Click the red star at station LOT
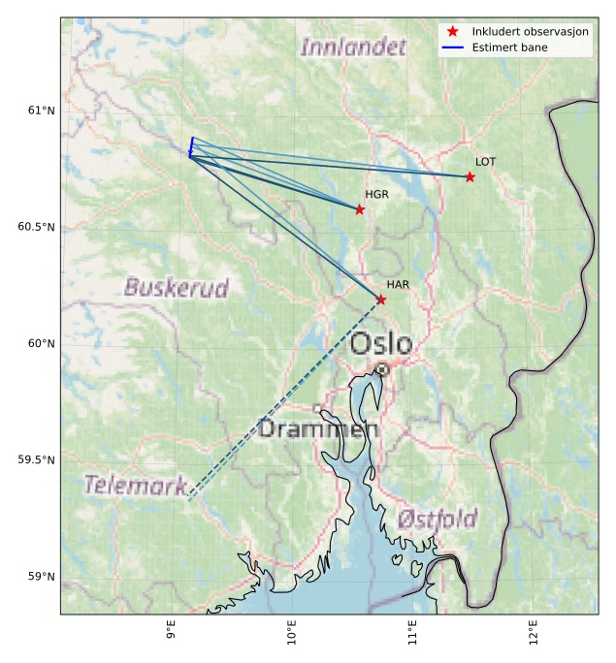[x=470, y=176]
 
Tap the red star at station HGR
[x=360, y=209]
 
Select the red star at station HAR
[x=381, y=300]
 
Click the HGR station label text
[x=376, y=195]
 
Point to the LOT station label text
[x=485, y=162]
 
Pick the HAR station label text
[x=398, y=284]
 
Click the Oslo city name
[x=381, y=344]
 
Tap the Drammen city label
[x=318, y=428]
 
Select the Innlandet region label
[x=353, y=47]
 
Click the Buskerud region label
[x=177, y=288]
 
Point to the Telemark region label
[x=135, y=485]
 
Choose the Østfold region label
[x=437, y=520]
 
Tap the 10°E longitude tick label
[x=292, y=635]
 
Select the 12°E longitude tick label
[x=533, y=635]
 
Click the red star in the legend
[x=452, y=32]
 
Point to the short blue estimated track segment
[x=191, y=147]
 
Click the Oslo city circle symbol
[x=382, y=369]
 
